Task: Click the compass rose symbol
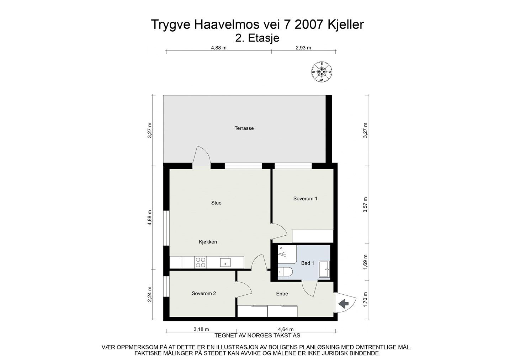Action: (x=322, y=72)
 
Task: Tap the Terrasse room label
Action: (x=244, y=128)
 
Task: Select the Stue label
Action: (x=216, y=203)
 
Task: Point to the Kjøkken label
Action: (x=208, y=242)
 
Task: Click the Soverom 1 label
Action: (x=305, y=199)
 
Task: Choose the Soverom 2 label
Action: (x=204, y=294)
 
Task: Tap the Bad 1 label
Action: (x=308, y=263)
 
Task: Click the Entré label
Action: (x=282, y=294)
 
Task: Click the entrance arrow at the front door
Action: (x=344, y=304)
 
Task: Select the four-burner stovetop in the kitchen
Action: (x=200, y=262)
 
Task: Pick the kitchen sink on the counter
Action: (x=225, y=262)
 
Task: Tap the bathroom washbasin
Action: (x=324, y=269)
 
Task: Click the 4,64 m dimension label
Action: (x=286, y=329)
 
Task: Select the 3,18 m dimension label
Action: (x=201, y=329)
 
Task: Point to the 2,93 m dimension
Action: (x=303, y=48)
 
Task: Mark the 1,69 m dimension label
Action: (x=365, y=262)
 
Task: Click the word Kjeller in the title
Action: (x=345, y=25)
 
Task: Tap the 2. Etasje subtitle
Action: (x=257, y=38)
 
